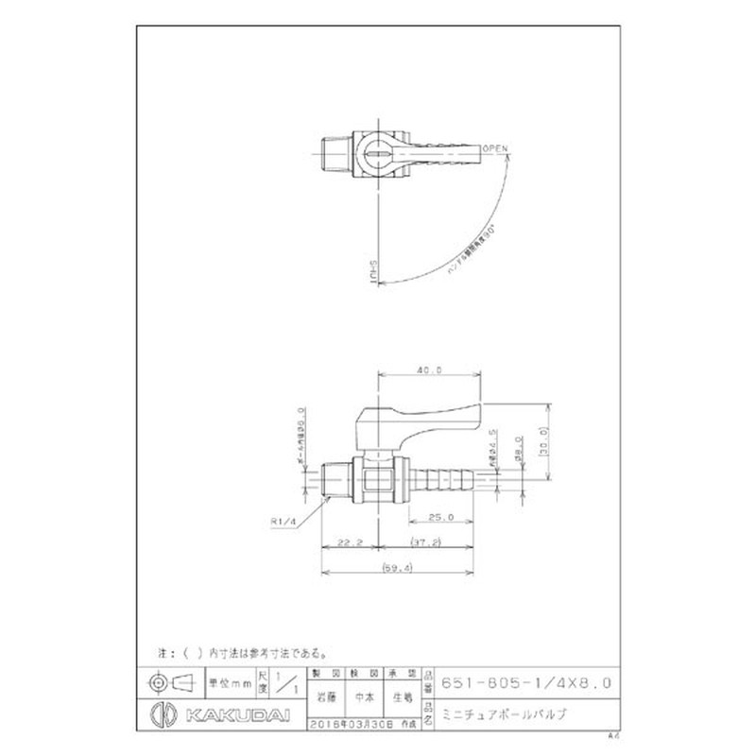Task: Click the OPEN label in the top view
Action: pos(495,149)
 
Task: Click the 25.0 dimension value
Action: pos(439,517)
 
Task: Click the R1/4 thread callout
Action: pos(283,519)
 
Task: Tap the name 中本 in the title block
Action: pos(363,699)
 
